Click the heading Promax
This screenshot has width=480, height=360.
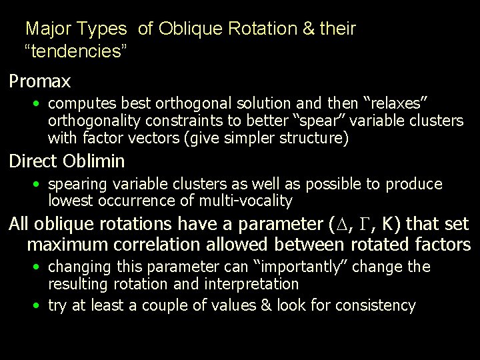39,82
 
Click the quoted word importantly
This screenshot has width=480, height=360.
311,267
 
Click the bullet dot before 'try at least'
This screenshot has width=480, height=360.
39,306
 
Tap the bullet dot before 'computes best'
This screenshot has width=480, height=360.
39,104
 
